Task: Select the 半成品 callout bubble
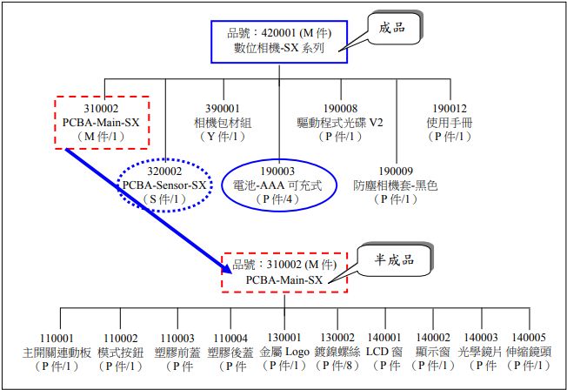394,261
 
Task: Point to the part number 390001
219,108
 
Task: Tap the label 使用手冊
449,123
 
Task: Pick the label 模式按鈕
121,353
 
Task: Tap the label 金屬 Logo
285,353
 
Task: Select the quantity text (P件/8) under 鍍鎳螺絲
339,366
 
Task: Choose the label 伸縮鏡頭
530,353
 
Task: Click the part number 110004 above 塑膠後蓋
230,339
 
